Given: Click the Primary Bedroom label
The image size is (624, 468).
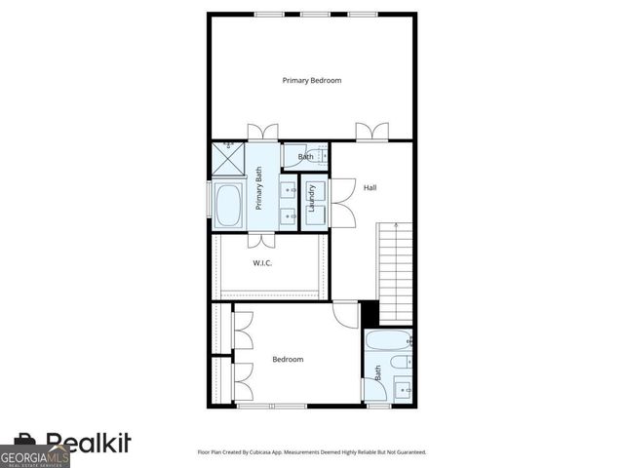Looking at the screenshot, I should tap(312, 80).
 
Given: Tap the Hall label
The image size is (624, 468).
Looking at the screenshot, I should tap(370, 187).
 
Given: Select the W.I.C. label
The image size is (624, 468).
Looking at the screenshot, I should tap(262, 263).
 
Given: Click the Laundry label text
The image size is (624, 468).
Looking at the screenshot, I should tap(312, 199).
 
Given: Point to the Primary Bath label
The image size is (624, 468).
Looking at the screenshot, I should tap(259, 189).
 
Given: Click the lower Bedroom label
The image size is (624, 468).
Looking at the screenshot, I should tap(288, 360).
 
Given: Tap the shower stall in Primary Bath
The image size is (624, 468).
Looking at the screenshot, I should tap(228, 159).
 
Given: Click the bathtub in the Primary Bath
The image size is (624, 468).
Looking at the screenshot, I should tap(230, 206).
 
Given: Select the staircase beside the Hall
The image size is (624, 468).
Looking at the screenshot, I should tap(395, 272).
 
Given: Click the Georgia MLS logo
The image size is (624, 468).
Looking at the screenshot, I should tap(34, 456).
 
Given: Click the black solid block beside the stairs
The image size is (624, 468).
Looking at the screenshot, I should tap(370, 314).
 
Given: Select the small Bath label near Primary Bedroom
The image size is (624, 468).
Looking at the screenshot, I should tap(306, 157).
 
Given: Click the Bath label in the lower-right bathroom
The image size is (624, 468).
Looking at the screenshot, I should tap(377, 372).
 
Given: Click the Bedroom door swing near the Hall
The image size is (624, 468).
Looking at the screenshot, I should tap(346, 314).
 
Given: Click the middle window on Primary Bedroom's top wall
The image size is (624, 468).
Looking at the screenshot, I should tap(314, 14).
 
